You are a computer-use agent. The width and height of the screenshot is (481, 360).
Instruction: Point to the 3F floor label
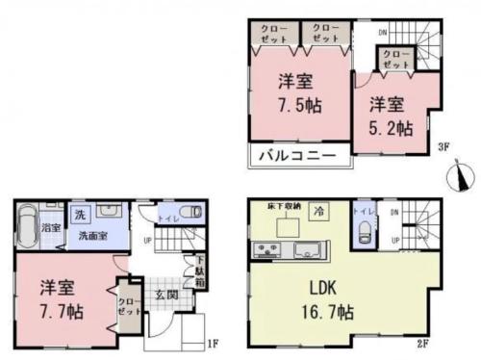click(x=443, y=147)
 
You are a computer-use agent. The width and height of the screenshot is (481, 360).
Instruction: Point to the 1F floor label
click(x=216, y=342)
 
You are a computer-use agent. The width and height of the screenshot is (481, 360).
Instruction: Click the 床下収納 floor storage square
click(x=287, y=226)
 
